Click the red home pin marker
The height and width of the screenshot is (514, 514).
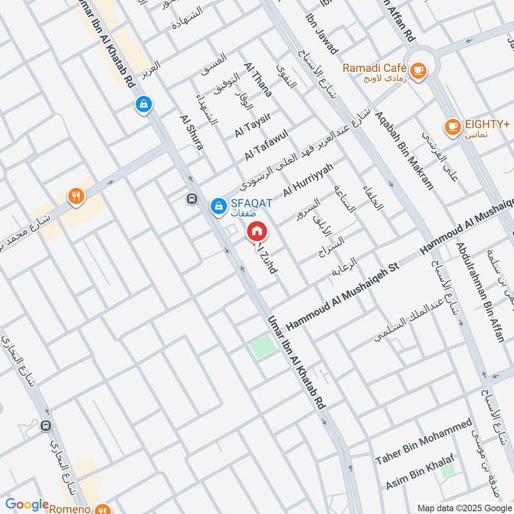[x=256, y=231]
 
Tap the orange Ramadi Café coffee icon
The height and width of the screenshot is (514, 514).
[x=418, y=70]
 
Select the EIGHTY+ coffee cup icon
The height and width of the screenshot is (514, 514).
[x=453, y=125]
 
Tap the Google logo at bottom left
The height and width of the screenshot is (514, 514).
[x=27, y=504]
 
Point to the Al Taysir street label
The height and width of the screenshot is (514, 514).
[x=253, y=123]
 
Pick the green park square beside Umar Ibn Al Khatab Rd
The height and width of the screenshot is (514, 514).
[x=262, y=348]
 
